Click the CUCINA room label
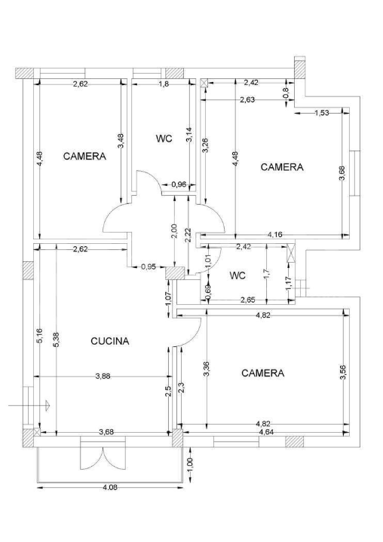(109, 341)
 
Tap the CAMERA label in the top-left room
(84, 157)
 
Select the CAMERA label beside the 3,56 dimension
(262, 373)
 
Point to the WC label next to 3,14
(164, 139)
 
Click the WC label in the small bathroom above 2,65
(237, 276)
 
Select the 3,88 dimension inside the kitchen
(103, 376)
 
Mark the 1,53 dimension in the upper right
(323, 113)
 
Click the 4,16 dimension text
(276, 236)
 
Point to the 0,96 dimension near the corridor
(179, 184)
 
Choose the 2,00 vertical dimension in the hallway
(175, 231)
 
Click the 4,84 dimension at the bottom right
(266, 433)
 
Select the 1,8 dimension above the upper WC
(164, 84)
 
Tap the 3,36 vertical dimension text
(206, 368)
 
